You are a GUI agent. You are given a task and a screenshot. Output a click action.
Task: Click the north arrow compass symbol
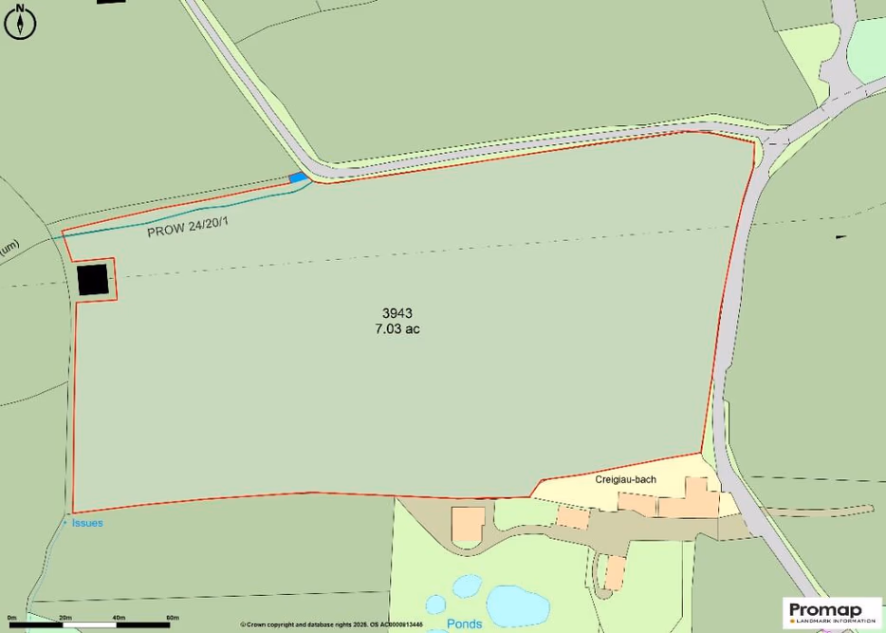[19, 22]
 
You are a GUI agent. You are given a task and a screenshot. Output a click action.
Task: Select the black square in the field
[93, 280]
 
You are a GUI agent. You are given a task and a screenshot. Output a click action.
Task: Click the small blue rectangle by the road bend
[298, 177]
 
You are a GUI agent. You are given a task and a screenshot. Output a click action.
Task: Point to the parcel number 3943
[397, 313]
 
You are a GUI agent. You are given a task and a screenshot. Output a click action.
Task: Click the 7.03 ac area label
[397, 329]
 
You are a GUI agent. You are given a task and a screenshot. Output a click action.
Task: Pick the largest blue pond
[517, 602]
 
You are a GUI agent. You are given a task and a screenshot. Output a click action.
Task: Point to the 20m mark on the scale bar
[65, 618]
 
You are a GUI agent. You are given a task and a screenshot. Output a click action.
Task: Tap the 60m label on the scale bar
[172, 618]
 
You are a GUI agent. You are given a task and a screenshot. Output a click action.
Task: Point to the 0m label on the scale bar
[12, 618]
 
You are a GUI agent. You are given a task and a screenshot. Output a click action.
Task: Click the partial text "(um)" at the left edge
[9, 249]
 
